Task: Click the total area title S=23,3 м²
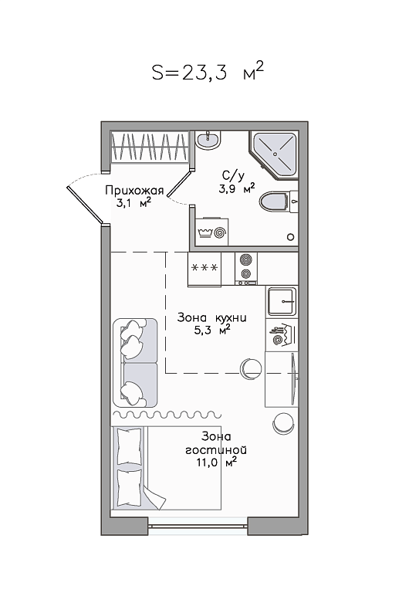(208, 72)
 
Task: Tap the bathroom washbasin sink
(208, 141)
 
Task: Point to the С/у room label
(233, 175)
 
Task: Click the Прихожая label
(134, 190)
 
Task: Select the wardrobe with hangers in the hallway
(149, 147)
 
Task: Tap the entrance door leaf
(86, 205)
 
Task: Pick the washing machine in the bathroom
(212, 231)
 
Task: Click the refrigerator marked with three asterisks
(204, 269)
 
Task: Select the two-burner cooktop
(246, 269)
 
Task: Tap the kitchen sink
(282, 301)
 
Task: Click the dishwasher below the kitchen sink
(282, 335)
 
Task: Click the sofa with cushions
(135, 363)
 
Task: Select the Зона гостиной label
(216, 443)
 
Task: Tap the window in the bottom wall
(198, 526)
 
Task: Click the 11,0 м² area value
(217, 462)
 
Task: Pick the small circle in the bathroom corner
(291, 237)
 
